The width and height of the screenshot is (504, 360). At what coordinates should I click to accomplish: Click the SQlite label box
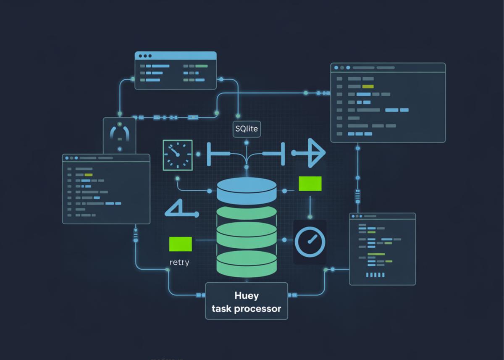point(247,129)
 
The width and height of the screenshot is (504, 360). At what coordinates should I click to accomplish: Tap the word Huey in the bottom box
point(246,295)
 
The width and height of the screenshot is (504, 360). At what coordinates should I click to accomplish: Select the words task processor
point(246,309)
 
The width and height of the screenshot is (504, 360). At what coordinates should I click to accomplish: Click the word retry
point(179,263)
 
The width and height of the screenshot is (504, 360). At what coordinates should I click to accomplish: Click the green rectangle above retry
point(180,244)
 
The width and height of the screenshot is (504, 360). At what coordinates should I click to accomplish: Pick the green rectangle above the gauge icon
point(310,184)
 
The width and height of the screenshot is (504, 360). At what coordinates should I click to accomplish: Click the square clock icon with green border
point(178,155)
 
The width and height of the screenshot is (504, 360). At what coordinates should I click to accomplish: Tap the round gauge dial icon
point(310,242)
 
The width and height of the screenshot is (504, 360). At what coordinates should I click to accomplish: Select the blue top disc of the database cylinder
point(247,190)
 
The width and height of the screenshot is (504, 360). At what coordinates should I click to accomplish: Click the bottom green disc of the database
point(247,262)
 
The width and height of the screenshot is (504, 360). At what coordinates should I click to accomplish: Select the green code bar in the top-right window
point(367,86)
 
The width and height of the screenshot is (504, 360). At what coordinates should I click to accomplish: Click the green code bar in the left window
point(88,174)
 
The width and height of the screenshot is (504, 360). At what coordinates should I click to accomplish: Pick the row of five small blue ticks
point(375,275)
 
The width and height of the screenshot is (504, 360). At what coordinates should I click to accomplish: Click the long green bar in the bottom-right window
point(376,254)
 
